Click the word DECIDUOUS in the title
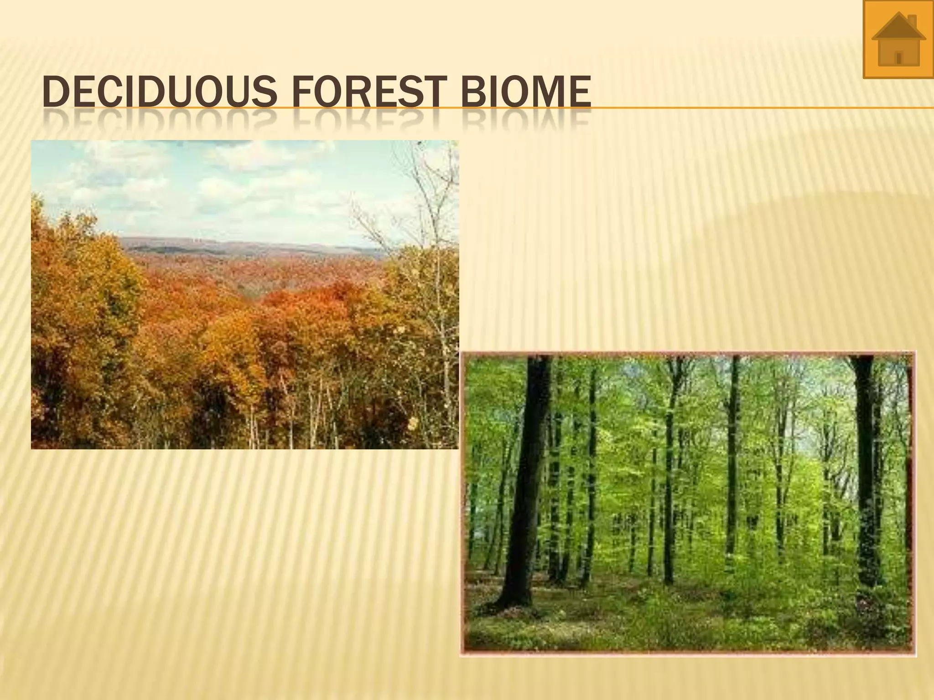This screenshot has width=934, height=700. [160, 92]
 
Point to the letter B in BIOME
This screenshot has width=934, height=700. [472, 92]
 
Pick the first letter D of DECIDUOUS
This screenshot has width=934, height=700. [54, 92]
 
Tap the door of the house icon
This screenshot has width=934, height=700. [899, 58]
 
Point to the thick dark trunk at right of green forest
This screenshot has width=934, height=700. [867, 479]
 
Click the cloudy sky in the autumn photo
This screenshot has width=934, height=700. [205, 182]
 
